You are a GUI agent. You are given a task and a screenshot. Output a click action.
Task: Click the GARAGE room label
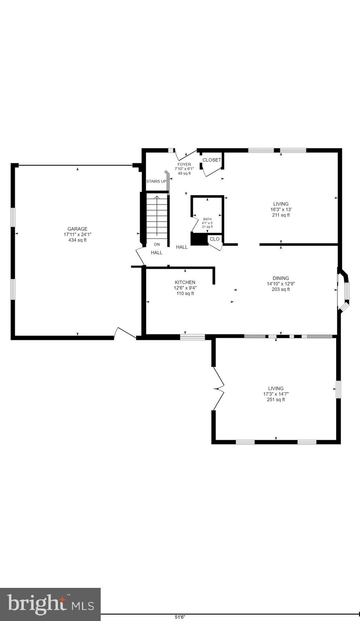(x=77, y=229)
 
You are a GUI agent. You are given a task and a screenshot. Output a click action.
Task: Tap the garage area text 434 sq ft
(x=77, y=240)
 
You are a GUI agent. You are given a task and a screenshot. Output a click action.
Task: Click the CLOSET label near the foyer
(x=212, y=160)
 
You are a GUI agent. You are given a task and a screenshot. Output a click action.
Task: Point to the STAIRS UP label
(x=156, y=181)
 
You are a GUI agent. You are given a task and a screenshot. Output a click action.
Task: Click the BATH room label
(x=207, y=219)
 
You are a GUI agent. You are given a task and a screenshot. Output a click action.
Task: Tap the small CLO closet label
(x=215, y=239)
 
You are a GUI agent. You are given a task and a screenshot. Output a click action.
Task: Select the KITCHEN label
(x=185, y=282)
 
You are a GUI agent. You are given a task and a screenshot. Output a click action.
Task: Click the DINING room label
(x=280, y=278)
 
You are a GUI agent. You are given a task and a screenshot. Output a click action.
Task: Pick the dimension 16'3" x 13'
(x=280, y=209)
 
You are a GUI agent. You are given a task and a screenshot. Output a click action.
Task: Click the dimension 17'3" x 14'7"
(x=276, y=394)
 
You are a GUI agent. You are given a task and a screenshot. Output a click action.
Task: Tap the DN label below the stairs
(x=157, y=245)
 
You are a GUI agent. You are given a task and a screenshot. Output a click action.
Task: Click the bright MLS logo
(x=50, y=604)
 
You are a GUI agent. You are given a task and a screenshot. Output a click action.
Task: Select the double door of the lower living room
(x=218, y=389)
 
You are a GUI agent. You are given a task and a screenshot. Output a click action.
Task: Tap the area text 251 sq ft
(x=276, y=399)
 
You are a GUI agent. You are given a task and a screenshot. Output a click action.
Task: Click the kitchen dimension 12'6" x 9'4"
(x=185, y=288)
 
